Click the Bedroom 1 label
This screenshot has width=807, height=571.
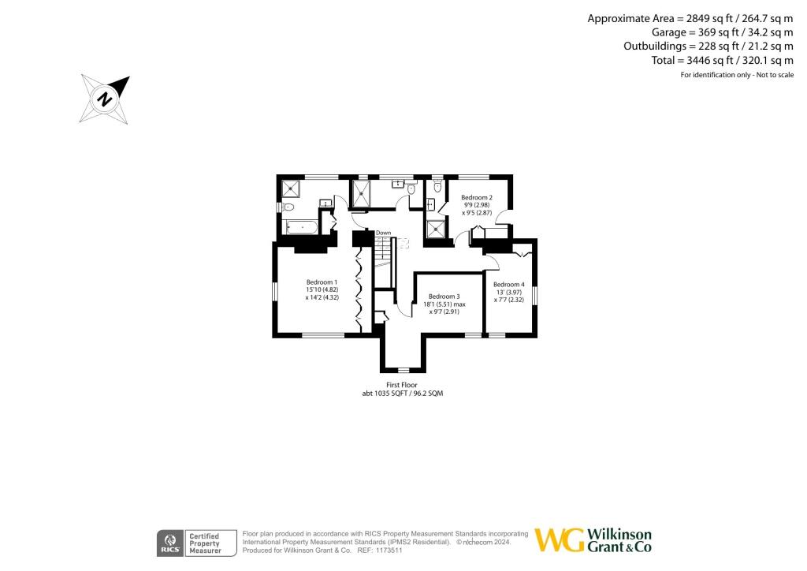pos(322,282)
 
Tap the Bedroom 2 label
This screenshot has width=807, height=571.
pos(476,197)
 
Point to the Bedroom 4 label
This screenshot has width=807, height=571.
pos(508,284)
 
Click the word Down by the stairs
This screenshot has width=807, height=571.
pos(383,233)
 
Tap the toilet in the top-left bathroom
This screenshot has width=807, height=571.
pos(288,207)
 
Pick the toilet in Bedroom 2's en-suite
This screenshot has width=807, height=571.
pos(437,187)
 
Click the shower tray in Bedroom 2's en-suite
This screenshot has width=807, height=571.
pos(435,230)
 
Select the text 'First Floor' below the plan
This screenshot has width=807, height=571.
pos(403,384)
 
